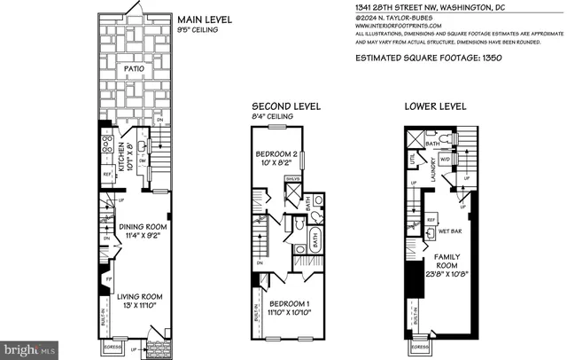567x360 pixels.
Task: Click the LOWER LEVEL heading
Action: click(435, 106)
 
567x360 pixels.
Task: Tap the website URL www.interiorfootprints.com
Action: click(392, 26)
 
